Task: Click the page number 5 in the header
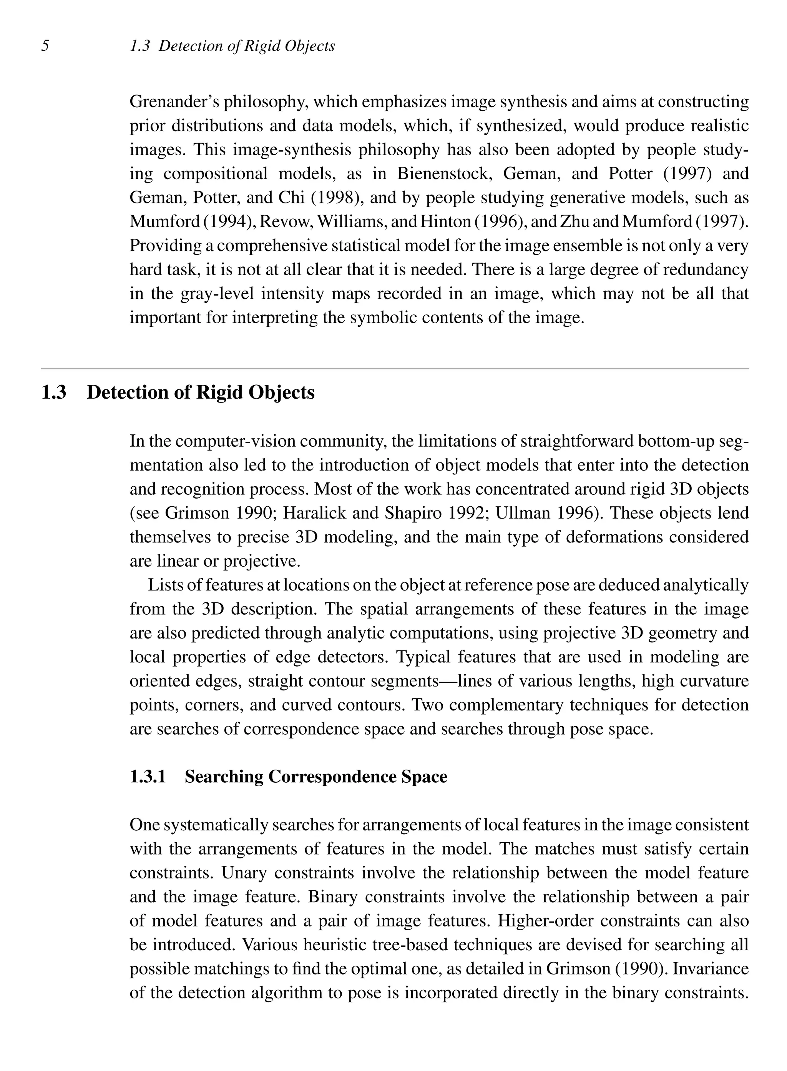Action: pos(45,46)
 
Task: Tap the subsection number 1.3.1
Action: pos(148,777)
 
